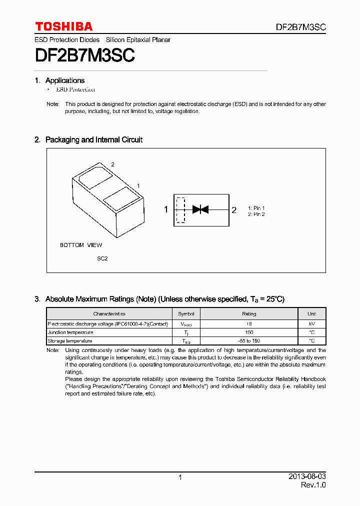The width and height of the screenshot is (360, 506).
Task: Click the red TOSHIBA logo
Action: [x=63, y=26]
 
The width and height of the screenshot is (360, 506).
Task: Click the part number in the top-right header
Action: [x=300, y=27]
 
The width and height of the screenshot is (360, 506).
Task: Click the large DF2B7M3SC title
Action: [x=84, y=55]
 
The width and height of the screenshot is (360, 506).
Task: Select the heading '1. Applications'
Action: [x=59, y=80]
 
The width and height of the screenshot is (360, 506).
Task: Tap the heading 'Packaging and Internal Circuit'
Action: [x=93, y=140]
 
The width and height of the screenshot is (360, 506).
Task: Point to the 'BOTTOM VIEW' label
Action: [x=81, y=245]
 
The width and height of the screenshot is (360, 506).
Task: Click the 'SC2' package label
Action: [x=102, y=258]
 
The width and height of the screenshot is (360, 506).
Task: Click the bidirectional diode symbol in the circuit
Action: [x=200, y=209]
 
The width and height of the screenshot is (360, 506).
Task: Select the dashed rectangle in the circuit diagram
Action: [x=180, y=210]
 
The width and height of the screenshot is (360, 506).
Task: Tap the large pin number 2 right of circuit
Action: [x=233, y=210]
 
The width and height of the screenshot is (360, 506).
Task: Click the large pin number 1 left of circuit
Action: [x=166, y=210]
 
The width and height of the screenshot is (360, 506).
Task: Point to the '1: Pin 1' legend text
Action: [x=256, y=207]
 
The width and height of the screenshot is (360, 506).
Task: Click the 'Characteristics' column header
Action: [x=109, y=314]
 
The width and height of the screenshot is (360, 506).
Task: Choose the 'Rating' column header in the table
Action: [x=249, y=314]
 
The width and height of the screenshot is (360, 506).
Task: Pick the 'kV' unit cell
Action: [x=312, y=324]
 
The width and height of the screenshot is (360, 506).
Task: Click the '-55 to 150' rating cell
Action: [x=249, y=340]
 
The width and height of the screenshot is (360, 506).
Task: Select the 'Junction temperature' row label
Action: [x=70, y=332]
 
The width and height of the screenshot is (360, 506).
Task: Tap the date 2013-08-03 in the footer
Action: [x=307, y=476]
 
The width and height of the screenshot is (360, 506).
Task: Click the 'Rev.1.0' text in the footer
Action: [x=313, y=485]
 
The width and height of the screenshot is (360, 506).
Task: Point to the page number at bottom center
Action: [x=180, y=477]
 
